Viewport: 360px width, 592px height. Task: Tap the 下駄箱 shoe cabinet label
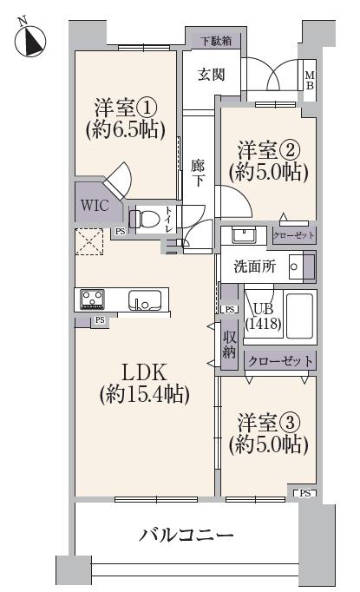216,41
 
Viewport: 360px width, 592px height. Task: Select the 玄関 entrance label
212,75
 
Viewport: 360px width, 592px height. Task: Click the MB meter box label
310,80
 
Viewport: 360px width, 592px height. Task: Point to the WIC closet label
95,206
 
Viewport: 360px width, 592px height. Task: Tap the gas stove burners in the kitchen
92,299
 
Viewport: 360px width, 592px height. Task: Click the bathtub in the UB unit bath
299,316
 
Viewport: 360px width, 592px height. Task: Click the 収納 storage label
229,345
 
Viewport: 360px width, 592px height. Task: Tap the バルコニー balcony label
186,535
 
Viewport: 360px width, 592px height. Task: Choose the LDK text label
144,372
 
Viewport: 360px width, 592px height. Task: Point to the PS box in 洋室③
305,493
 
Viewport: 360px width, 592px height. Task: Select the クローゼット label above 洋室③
280,361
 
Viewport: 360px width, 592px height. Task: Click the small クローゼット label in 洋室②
293,235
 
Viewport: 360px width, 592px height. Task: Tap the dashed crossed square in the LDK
89,241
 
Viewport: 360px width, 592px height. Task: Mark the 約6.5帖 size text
126,129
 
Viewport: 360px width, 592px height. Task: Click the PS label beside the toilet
120,232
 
